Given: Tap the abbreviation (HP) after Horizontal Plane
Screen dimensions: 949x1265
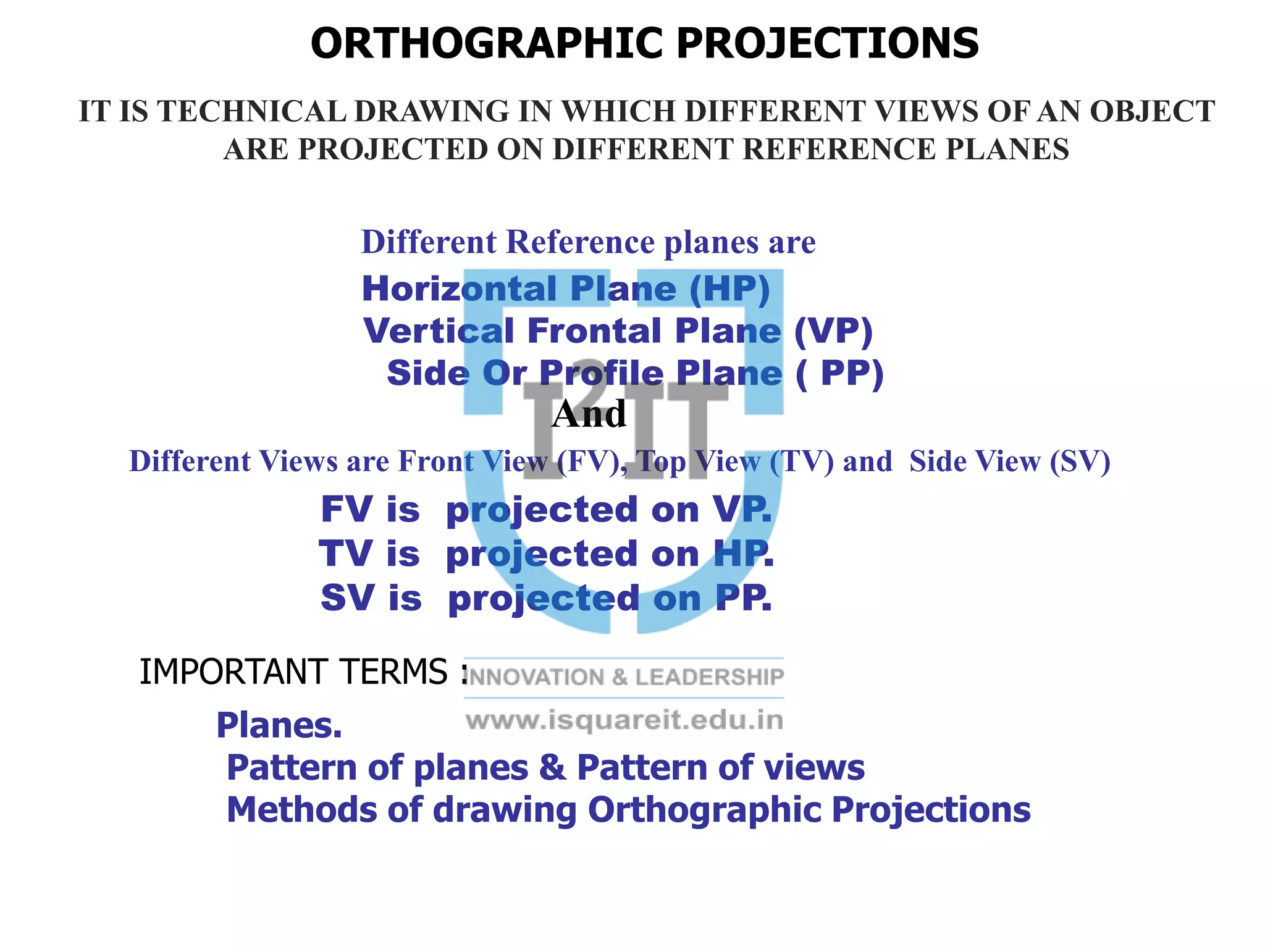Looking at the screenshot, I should pos(729,289).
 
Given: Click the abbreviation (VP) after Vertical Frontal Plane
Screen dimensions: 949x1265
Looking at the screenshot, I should pos(833,331).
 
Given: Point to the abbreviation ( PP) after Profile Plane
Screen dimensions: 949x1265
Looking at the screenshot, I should pos(840,374).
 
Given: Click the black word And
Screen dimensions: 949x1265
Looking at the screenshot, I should pos(589,414).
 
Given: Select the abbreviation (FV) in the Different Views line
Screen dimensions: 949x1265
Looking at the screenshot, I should pos(587,462).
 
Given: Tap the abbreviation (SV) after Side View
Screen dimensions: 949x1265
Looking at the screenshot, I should pos(1080,462).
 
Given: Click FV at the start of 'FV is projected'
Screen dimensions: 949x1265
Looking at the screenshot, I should pos(346,510).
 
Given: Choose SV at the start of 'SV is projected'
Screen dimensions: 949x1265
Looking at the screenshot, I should pos(346,598).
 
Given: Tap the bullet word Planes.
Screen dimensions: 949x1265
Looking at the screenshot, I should pos(279,725).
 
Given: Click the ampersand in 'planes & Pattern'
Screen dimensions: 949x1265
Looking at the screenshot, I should pos(552,768).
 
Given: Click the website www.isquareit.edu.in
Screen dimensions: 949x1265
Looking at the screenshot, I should pos(624,720).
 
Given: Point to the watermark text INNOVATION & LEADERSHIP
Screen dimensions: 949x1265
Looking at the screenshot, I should pos(624,678).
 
